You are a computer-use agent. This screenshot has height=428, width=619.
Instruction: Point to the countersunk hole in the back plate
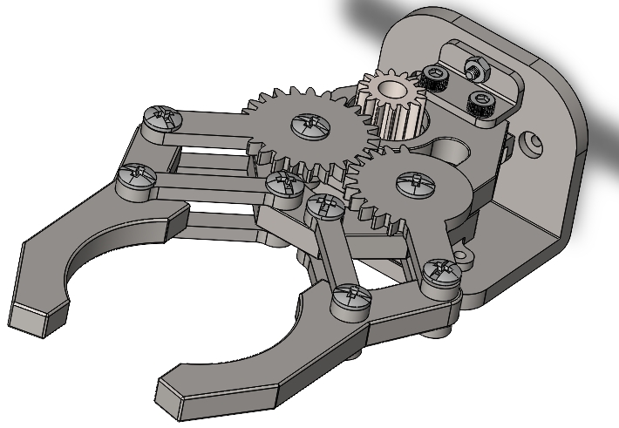532,139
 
